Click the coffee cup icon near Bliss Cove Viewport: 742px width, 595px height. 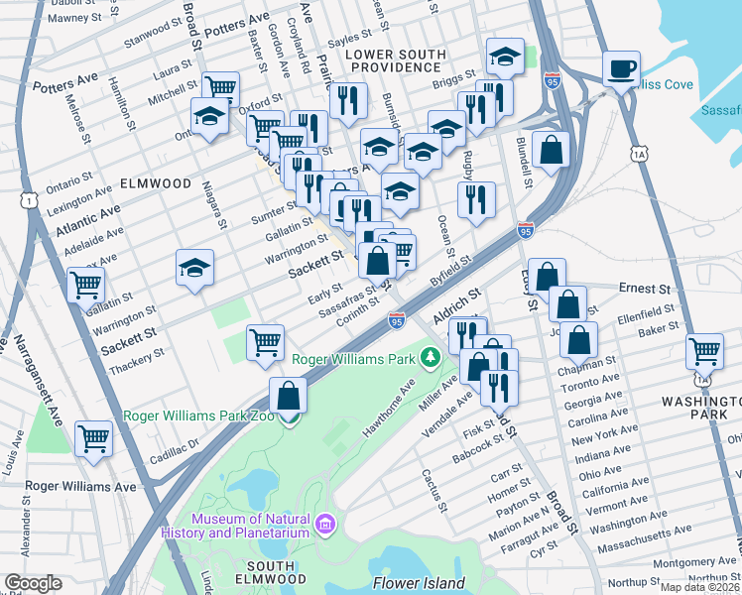(621, 69)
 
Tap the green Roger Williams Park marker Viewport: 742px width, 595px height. (431, 356)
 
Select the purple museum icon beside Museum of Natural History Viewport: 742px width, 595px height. (323, 522)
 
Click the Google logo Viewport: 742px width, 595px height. (33, 583)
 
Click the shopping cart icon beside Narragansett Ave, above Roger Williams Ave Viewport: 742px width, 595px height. (93, 436)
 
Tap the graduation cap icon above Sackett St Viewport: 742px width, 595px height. (194, 267)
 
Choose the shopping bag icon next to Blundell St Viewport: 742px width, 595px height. (551, 150)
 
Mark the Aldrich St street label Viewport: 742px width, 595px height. (456, 302)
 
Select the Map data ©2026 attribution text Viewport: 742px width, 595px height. (699, 587)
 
